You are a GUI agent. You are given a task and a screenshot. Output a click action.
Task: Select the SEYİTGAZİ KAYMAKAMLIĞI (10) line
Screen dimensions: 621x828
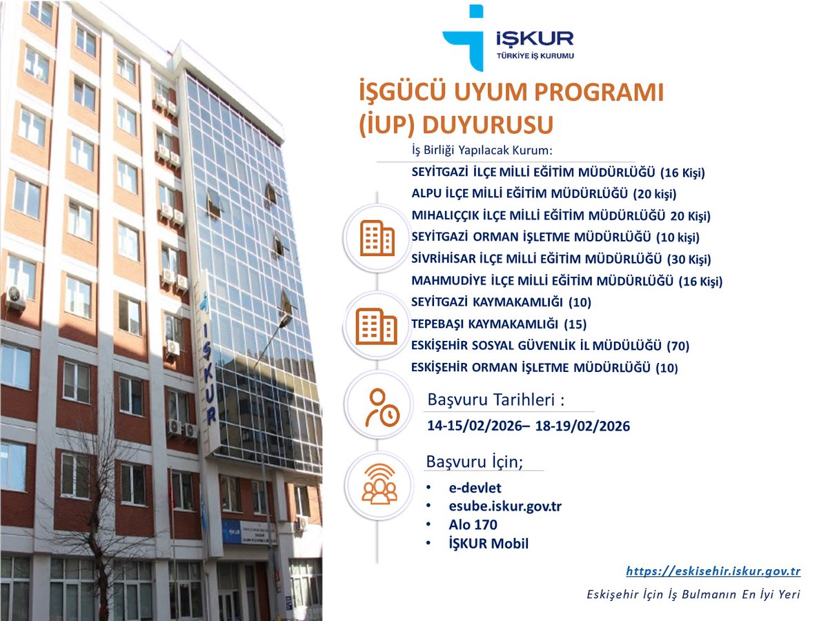(501, 302)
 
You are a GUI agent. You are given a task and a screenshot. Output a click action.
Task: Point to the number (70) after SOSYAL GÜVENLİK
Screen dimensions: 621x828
(679, 346)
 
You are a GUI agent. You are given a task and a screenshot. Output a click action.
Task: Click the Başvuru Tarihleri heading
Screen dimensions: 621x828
(500, 400)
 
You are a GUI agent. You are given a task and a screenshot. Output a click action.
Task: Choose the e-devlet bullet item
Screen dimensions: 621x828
(475, 489)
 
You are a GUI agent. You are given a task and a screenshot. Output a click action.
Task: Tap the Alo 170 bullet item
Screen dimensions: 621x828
(473, 525)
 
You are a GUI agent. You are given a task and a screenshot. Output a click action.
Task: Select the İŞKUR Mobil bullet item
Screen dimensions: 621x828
(488, 544)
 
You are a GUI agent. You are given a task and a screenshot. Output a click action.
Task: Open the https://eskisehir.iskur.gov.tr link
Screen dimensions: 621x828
(713, 571)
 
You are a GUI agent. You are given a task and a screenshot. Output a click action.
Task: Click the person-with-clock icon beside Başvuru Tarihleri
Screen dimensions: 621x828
(379, 407)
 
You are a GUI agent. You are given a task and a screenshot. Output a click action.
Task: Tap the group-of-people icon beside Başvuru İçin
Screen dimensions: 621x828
(379, 484)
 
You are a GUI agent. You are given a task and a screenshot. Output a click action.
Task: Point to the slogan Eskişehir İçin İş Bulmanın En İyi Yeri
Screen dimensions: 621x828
(693, 594)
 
